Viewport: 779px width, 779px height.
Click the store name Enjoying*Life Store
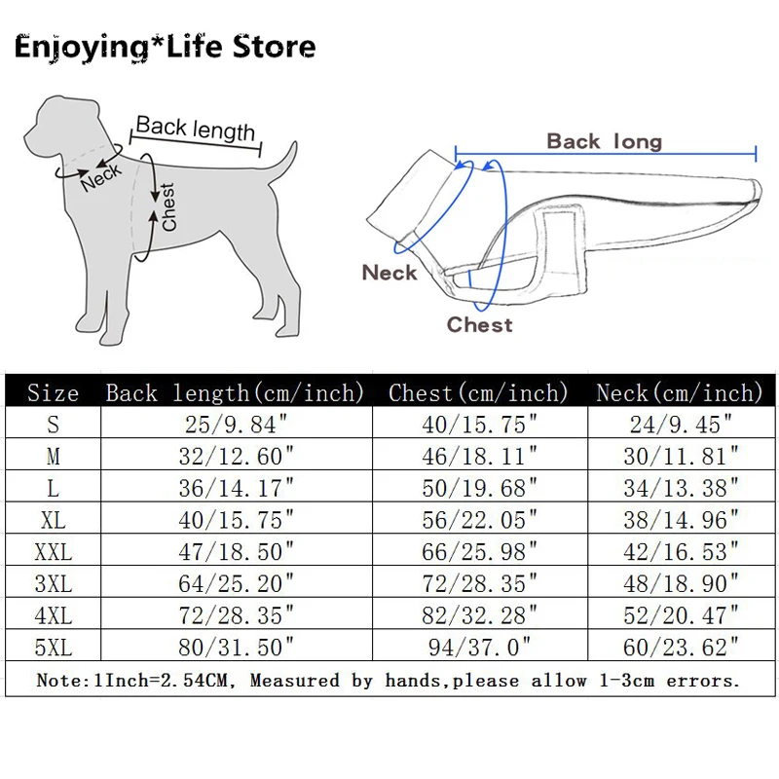point(166,47)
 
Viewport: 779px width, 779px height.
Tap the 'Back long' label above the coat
point(604,141)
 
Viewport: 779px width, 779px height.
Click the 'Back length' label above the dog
point(196,129)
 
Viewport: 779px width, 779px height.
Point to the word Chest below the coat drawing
point(479,324)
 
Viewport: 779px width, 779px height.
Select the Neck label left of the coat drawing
point(389,273)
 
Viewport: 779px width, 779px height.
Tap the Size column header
point(53,393)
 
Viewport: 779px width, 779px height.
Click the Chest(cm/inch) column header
point(478,393)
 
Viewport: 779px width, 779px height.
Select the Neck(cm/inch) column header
point(680,393)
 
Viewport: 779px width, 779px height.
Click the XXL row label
point(53,552)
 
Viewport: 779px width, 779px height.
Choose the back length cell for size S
point(238,425)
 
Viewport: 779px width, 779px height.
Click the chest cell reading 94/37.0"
point(479,646)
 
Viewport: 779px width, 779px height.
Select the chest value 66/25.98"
point(479,552)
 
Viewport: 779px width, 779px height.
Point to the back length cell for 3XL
point(238,583)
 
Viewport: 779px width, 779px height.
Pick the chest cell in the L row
point(479,487)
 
